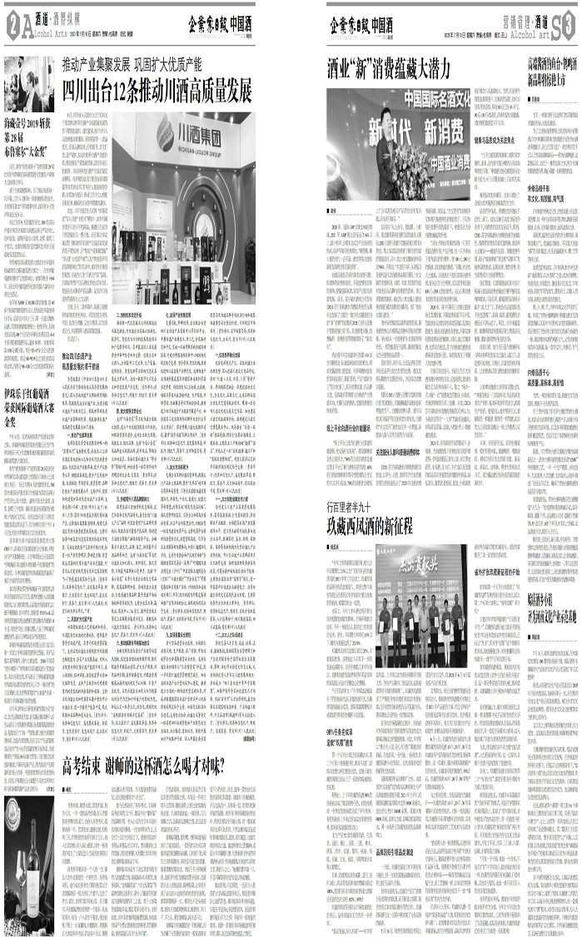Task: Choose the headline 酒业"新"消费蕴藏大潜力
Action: pyautogui.click(x=388, y=68)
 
